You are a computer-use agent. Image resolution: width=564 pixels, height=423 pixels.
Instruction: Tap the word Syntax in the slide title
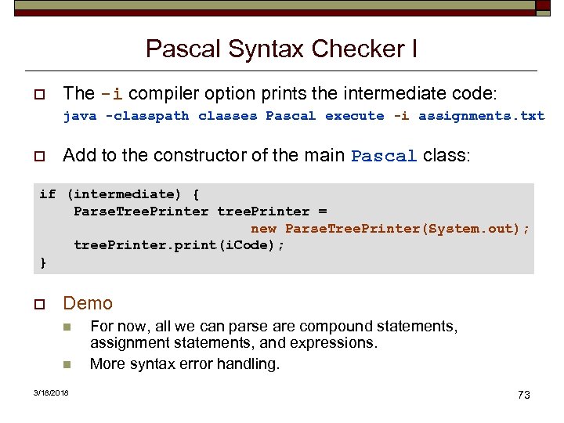(x=267, y=49)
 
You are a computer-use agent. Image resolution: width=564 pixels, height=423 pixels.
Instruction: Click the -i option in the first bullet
(x=111, y=94)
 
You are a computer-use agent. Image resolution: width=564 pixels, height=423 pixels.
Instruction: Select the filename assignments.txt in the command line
(x=481, y=116)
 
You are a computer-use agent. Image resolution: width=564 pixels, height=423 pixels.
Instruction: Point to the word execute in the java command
(x=354, y=116)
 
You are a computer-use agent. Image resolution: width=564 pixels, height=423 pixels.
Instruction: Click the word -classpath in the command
(x=147, y=116)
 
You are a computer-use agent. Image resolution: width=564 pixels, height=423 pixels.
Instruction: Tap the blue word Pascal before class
(x=384, y=156)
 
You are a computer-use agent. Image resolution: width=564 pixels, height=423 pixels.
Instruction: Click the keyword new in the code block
(x=263, y=229)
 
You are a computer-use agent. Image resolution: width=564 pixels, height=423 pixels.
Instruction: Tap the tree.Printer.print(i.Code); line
(x=179, y=245)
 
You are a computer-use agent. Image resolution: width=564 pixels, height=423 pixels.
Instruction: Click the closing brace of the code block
(x=44, y=262)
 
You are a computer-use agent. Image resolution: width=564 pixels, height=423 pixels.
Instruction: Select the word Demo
(x=88, y=303)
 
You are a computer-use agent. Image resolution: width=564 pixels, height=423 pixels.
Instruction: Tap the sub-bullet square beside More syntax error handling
(x=67, y=364)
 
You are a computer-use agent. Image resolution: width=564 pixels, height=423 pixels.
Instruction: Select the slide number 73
(x=524, y=395)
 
